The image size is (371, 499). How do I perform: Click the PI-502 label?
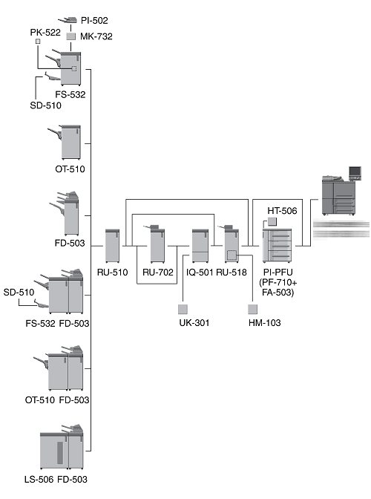coord(94,20)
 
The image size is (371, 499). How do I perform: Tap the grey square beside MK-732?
coord(71,36)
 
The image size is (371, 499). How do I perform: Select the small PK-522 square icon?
coord(38,42)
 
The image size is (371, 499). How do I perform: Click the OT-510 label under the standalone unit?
coord(70,169)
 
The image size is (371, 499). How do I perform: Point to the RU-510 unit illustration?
coord(112,246)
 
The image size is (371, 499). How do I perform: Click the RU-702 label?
coord(158,273)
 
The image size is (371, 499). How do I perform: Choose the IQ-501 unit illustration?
coord(200,246)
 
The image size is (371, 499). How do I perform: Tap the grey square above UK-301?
coord(183,309)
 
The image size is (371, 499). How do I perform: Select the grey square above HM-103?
coord(253,309)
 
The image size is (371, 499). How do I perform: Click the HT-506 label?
coord(282,211)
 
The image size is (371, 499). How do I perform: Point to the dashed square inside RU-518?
coord(232,255)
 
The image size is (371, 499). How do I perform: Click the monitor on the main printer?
coord(355,172)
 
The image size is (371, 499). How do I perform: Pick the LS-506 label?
coord(39,479)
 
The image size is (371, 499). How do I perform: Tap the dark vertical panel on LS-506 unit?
coord(60,452)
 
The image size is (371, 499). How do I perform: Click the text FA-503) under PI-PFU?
coord(278,292)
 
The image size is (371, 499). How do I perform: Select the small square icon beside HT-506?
coord(272,221)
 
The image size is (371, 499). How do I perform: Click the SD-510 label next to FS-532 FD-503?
coord(19,292)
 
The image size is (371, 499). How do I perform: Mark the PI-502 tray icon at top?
coord(68,20)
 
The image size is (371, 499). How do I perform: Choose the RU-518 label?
coord(232,273)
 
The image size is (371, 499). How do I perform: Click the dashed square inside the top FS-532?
coord(74,68)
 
